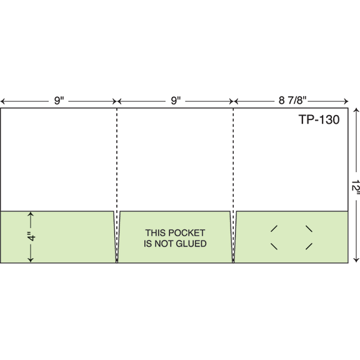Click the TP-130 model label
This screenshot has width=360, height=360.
319,119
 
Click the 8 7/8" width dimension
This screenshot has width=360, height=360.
292,101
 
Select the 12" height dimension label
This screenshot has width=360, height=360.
356,188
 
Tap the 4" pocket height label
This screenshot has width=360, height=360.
31,236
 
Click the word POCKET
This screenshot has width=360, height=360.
187,232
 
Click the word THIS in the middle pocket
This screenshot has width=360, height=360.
156,232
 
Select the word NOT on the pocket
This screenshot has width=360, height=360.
164,244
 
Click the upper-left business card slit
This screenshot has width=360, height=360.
274,229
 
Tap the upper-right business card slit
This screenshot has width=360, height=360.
309,229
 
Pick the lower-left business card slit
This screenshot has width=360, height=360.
274,246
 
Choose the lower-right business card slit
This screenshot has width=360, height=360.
309,246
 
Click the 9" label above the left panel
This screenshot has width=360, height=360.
59,101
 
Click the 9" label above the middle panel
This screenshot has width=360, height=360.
176,101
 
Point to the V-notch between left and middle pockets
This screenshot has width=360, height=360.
117,237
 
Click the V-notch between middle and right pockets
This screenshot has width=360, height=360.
233,237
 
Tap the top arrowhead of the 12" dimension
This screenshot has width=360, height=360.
356,109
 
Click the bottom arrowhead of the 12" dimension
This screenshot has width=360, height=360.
356,261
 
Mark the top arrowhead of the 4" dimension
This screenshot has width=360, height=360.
31,214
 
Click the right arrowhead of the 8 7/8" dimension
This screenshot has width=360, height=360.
346,101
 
